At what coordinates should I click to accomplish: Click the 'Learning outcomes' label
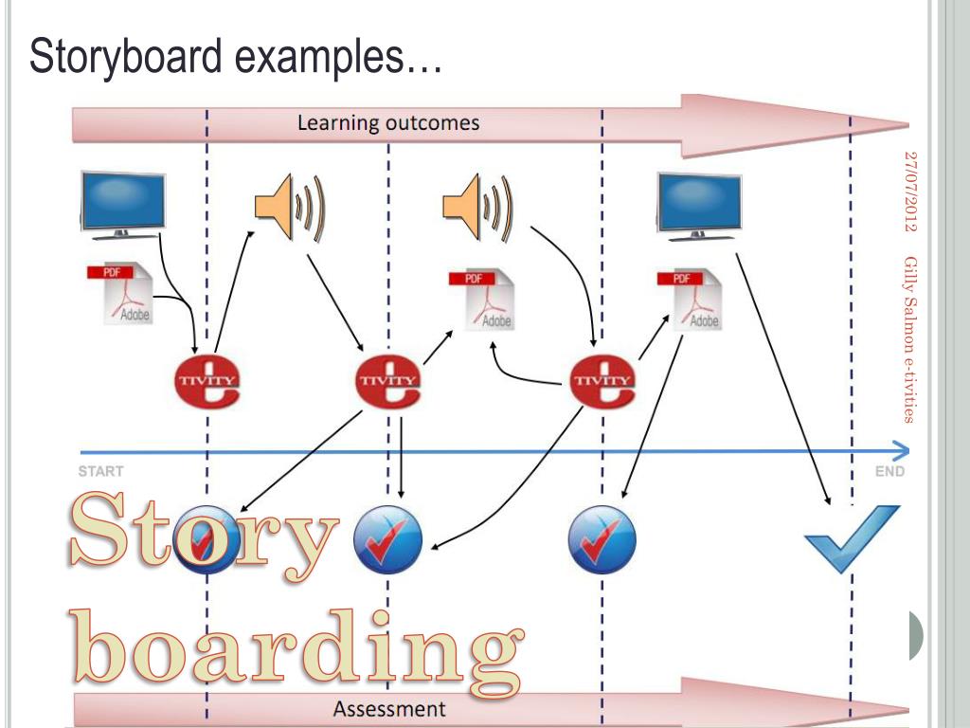(388, 123)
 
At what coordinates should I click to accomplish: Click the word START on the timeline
(100, 471)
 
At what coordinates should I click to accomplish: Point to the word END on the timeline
(889, 471)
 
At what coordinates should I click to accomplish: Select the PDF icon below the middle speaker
(482, 300)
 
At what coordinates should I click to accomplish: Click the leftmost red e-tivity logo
(207, 380)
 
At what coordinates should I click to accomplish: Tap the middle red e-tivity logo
(387, 380)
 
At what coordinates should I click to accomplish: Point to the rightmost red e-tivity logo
(604, 380)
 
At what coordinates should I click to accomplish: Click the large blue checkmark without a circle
(851, 538)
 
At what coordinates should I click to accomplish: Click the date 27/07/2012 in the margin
(911, 190)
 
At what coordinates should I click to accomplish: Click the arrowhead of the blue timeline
(901, 450)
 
